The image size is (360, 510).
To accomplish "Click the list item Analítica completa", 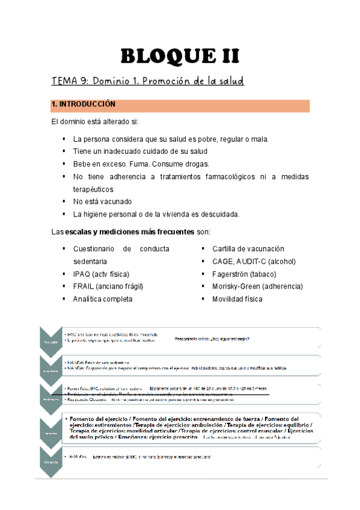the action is (x=103, y=299).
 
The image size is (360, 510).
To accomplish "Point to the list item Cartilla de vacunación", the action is (x=248, y=248).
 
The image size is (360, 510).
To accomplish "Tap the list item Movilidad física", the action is (x=237, y=299).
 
